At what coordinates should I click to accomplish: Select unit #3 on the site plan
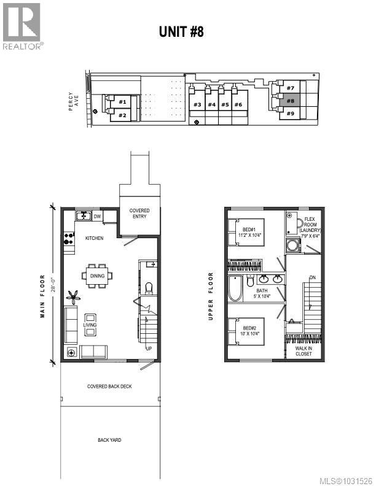(197, 105)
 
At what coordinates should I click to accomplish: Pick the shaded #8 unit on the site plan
(290, 101)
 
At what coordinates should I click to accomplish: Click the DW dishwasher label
(97, 216)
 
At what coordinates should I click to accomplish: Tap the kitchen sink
(82, 216)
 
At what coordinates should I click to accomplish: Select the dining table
(98, 276)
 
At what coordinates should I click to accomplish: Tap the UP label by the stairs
(148, 349)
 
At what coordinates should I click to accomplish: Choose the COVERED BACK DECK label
(109, 387)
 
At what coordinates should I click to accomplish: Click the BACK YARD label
(109, 440)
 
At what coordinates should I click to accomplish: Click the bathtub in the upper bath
(235, 289)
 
